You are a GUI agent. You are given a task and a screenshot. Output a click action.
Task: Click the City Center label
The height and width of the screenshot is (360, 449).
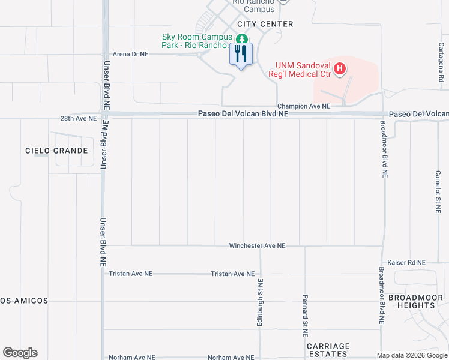pyautogui.click(x=265, y=24)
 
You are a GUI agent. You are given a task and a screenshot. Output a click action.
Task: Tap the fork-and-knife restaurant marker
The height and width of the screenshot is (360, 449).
pyautogui.click(x=241, y=55)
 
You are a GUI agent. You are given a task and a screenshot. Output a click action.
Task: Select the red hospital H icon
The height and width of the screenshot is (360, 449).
pyautogui.click(x=340, y=69)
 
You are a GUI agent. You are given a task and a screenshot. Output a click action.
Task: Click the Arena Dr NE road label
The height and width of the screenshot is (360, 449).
pyautogui.click(x=130, y=54)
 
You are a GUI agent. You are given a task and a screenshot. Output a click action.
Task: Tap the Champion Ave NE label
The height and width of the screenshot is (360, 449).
pyautogui.click(x=304, y=106)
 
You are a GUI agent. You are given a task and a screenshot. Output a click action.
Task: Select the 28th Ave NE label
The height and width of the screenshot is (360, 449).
pyautogui.click(x=78, y=119)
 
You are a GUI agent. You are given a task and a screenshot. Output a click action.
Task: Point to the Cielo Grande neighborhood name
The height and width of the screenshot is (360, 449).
pyautogui.click(x=56, y=151)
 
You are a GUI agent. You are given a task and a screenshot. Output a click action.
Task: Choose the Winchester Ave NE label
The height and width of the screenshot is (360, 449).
pyautogui.click(x=257, y=246)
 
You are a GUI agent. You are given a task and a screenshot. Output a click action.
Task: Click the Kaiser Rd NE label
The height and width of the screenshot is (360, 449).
pyautogui.click(x=406, y=263)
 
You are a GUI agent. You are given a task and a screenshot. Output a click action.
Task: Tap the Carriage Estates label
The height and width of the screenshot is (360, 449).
pyautogui.click(x=328, y=350)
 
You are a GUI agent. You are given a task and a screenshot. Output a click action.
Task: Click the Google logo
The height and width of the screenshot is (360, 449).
pyautogui.click(x=20, y=353)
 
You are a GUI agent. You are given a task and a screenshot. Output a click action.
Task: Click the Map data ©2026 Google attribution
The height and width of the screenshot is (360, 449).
pyautogui.click(x=412, y=355)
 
